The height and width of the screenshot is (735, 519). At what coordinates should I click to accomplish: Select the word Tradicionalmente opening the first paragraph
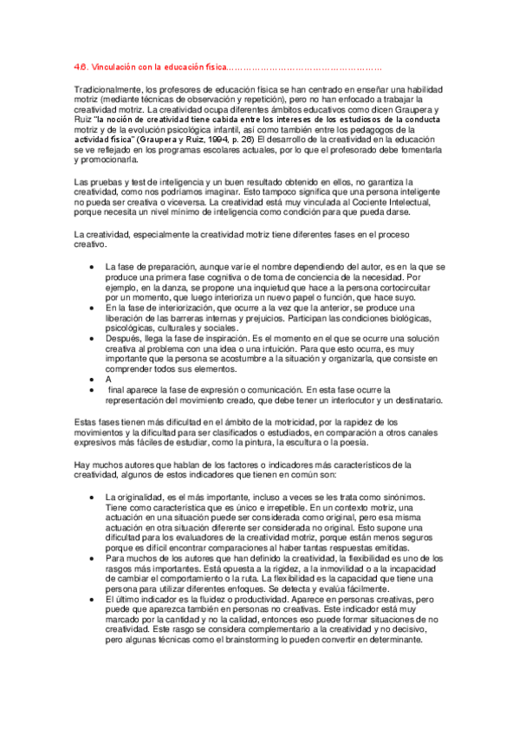coord(107,89)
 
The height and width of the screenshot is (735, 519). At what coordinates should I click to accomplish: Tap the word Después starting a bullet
coord(125,340)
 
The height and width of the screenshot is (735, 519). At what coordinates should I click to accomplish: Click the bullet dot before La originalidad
coord(93,497)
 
